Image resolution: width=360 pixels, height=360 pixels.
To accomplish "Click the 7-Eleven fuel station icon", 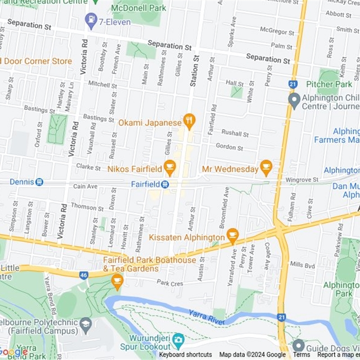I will (91, 20).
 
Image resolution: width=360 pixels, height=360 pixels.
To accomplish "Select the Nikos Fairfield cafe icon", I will (170, 168).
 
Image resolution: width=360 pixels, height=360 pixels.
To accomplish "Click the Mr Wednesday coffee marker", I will (266, 168).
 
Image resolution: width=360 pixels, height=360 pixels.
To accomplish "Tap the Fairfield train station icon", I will (165, 184).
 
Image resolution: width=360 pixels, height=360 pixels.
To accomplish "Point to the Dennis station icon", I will (39, 182).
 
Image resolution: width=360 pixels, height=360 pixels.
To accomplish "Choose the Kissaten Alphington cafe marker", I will (232, 236).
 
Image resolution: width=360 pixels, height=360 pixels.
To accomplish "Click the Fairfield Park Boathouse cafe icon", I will (117, 282).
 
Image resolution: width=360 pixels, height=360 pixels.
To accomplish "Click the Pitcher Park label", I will (329, 84).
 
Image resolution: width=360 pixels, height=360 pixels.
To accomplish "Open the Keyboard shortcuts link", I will (185, 355).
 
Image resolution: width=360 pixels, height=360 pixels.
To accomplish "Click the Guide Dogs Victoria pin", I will (298, 346).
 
